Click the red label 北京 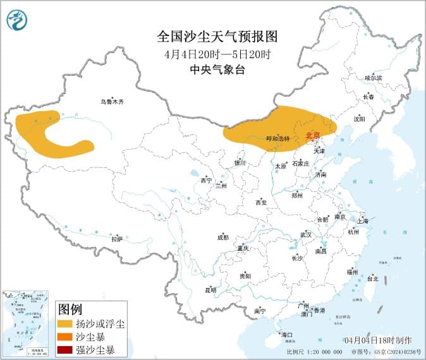point(313,135)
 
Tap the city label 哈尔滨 point(374,77)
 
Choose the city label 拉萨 point(116,239)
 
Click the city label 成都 point(222,237)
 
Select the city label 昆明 point(210,290)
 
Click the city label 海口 point(287,334)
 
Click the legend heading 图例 point(70,309)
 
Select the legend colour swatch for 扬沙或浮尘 point(64,324)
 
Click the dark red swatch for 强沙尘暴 point(64,349)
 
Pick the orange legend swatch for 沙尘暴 point(64,337)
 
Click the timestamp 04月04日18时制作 point(379,340)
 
